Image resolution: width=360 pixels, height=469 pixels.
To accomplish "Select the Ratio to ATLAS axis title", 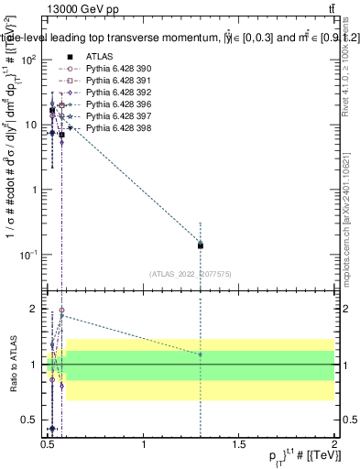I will (x=14, y=364).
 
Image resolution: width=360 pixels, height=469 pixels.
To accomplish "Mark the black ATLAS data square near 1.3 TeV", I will (x=201, y=245).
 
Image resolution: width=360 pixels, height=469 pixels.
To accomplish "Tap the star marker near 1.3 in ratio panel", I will (x=201, y=354).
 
